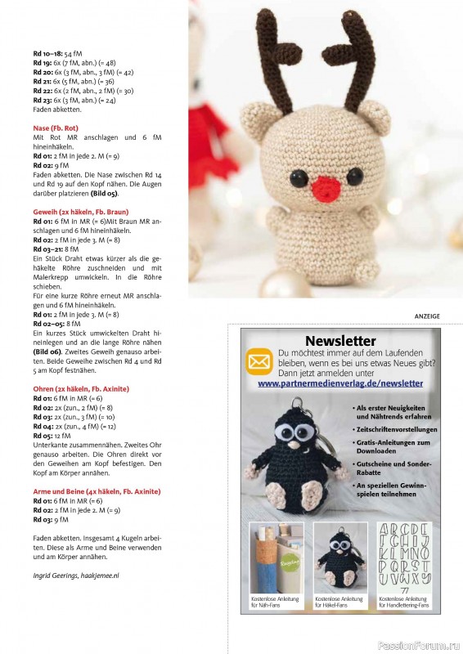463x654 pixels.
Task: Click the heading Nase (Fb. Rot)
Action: pyautogui.click(x=60, y=128)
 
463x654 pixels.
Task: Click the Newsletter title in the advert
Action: pyautogui.click(x=339, y=341)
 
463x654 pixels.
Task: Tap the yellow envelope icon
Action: pyautogui.click(x=261, y=361)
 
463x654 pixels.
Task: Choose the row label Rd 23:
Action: pyautogui.click(x=43, y=100)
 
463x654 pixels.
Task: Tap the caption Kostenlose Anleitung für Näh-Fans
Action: pyautogui.click(x=276, y=602)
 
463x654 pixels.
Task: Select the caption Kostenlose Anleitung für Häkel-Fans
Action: pyautogui.click(x=339, y=602)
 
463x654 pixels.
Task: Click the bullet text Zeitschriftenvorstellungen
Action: pyautogui.click(x=396, y=429)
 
